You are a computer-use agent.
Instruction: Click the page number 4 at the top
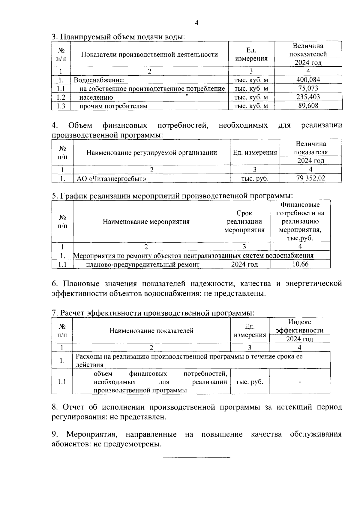click(x=197, y=23)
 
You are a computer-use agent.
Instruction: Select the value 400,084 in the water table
click(x=308, y=80)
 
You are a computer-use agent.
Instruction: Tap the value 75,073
click(x=308, y=88)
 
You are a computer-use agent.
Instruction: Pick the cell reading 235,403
click(x=308, y=97)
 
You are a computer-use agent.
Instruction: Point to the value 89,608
click(x=308, y=106)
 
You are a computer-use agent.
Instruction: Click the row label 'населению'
click(x=96, y=98)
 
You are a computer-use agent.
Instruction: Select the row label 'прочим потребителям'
click(x=113, y=106)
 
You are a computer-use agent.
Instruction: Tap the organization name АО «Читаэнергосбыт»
click(x=112, y=179)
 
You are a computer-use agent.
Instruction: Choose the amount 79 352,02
click(x=310, y=178)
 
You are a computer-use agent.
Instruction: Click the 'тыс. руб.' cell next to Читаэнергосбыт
click(x=255, y=179)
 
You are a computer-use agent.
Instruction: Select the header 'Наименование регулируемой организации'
click(x=151, y=153)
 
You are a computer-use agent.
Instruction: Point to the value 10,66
click(x=300, y=264)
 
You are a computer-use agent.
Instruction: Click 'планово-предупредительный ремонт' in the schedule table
click(x=143, y=265)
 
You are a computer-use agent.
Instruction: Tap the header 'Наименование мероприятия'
click(x=146, y=222)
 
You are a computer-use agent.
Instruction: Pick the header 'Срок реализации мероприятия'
click(x=244, y=222)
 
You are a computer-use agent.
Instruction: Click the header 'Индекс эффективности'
click(x=299, y=326)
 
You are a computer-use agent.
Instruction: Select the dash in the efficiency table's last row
click(x=299, y=382)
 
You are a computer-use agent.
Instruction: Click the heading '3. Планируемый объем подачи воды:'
click(x=118, y=37)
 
